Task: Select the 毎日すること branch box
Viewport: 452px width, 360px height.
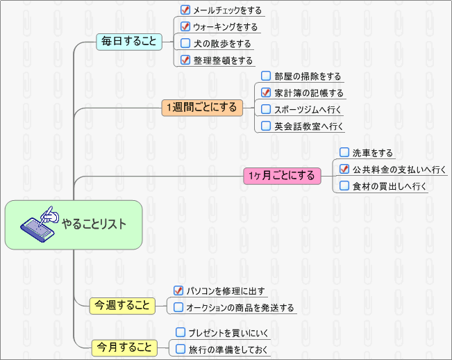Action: pyautogui.click(x=129, y=42)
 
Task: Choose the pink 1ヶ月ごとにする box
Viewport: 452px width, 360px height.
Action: pyautogui.click(x=282, y=176)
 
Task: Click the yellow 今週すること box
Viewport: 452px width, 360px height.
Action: pyautogui.click(x=123, y=305)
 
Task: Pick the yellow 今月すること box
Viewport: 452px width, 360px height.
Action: pyautogui.click(x=124, y=345)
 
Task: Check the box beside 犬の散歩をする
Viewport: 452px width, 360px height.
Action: pyautogui.click(x=185, y=43)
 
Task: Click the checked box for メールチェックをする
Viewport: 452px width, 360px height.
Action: pyautogui.click(x=185, y=10)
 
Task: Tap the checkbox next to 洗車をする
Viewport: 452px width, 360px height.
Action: pyautogui.click(x=344, y=152)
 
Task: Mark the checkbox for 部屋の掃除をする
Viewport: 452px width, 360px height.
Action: pyautogui.click(x=266, y=76)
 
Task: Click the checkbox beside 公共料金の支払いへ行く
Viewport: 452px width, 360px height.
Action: pyautogui.click(x=344, y=169)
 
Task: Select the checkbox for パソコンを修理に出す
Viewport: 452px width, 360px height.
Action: pyautogui.click(x=178, y=291)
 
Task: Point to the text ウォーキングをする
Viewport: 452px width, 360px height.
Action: pyautogui.click(x=225, y=27)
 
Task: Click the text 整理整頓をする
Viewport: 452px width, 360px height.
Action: pyautogui.click(x=223, y=60)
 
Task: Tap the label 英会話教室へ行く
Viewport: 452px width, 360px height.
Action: pyautogui.click(x=308, y=126)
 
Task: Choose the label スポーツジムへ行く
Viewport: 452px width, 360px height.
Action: pyautogui.click(x=308, y=110)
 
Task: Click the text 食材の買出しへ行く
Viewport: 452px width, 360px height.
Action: pyautogui.click(x=388, y=186)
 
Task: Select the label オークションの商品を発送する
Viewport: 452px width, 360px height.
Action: pyautogui.click(x=240, y=308)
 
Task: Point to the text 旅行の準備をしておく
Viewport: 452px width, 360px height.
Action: pyautogui.click(x=228, y=350)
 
